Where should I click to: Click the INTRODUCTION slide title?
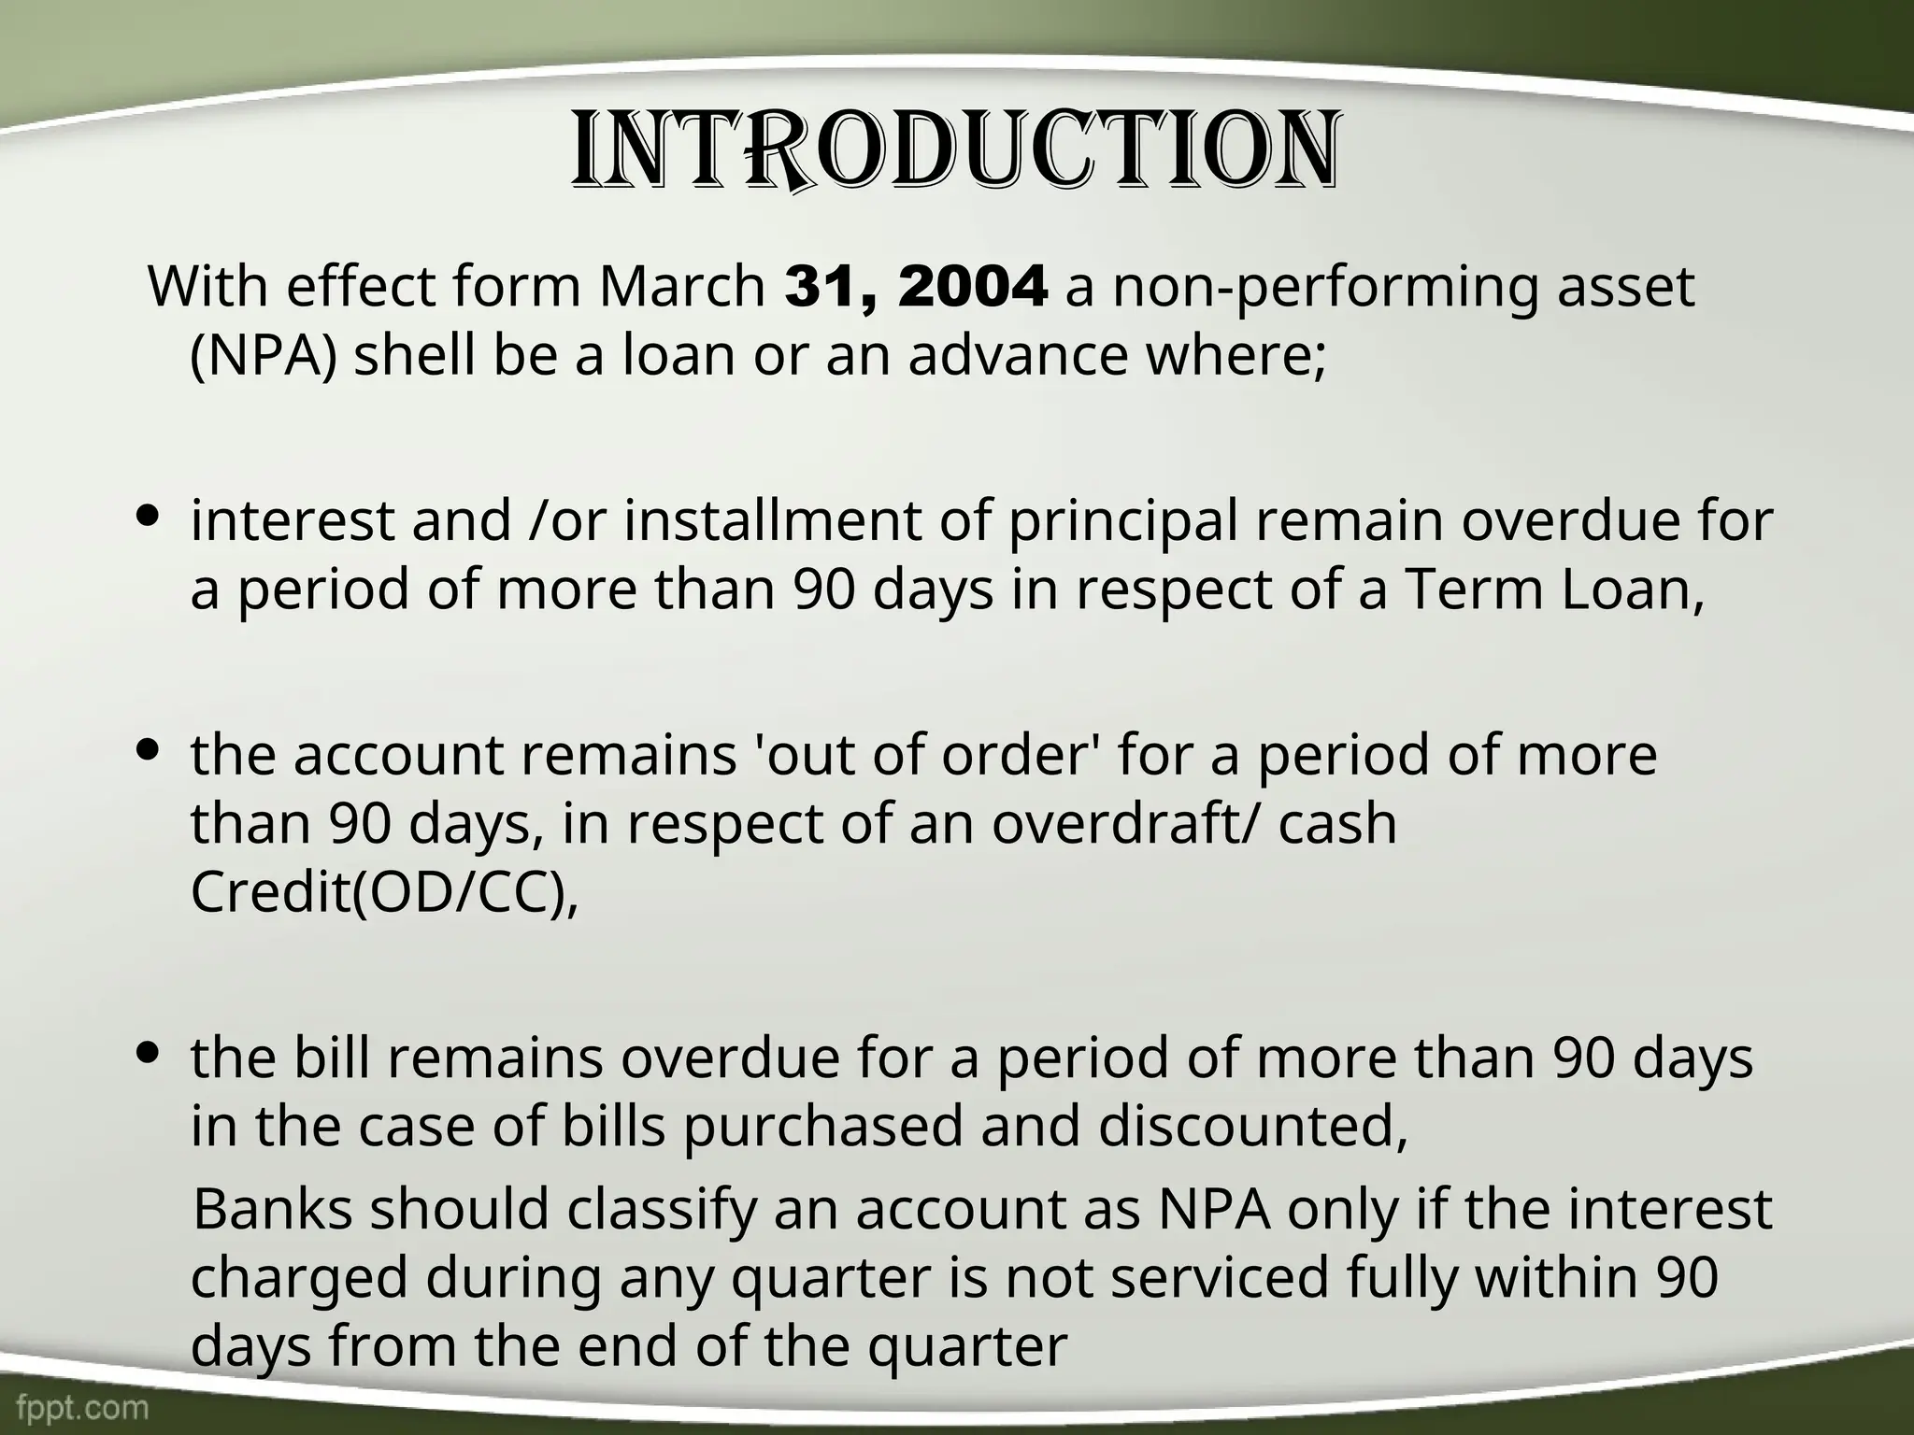click(955, 163)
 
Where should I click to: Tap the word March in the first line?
click(681, 287)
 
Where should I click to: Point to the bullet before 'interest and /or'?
click(150, 516)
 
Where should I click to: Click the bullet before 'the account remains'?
click(150, 749)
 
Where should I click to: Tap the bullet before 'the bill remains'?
click(150, 1053)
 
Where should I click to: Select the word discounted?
click(1252, 1127)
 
